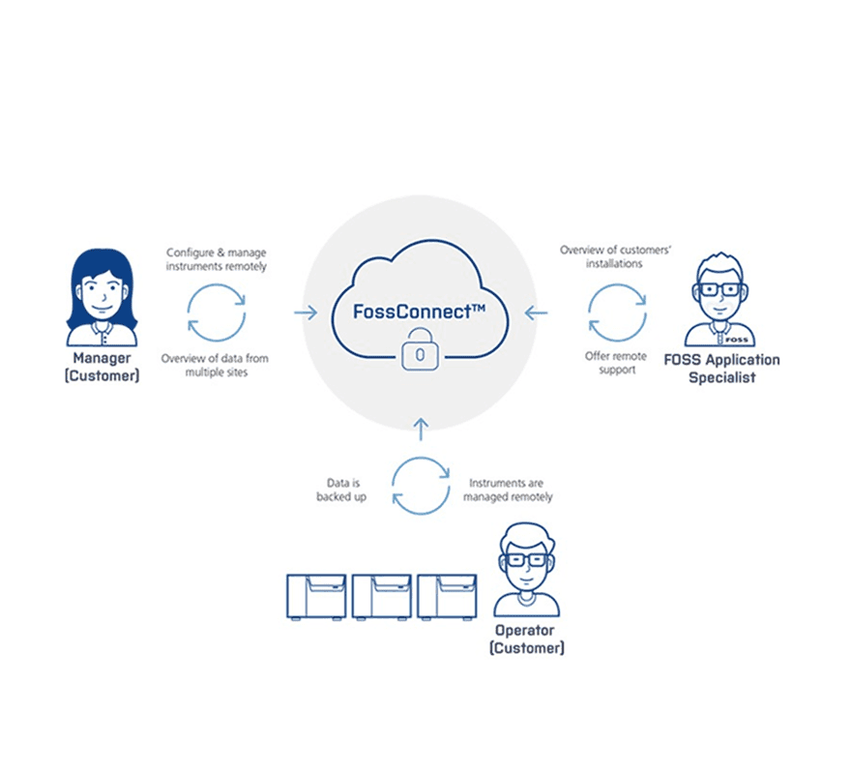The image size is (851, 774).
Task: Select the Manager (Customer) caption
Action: click(102, 368)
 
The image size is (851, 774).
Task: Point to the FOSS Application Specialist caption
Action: click(722, 369)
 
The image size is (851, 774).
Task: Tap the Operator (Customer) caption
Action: click(527, 639)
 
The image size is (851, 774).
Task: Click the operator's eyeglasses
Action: click(526, 560)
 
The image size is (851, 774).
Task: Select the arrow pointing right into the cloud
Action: click(306, 313)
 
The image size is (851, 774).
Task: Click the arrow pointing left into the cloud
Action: click(535, 313)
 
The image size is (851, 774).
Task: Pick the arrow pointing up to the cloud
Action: click(420, 427)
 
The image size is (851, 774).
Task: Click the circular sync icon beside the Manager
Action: click(216, 312)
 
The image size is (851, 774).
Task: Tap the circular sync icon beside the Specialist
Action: click(617, 312)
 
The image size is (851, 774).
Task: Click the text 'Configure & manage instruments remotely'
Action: click(216, 259)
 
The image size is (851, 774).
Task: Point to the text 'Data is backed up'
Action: click(341, 490)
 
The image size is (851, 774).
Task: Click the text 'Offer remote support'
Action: click(616, 363)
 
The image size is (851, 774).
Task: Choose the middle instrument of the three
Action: click(381, 595)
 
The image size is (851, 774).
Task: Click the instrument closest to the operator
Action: click(446, 595)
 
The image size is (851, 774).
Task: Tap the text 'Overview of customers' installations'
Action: click(616, 256)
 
